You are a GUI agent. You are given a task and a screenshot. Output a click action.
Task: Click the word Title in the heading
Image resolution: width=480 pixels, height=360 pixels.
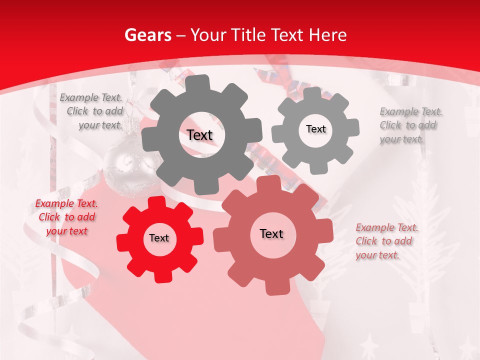click(247, 35)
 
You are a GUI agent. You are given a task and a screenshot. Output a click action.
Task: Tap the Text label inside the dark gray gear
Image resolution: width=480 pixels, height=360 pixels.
click(199, 135)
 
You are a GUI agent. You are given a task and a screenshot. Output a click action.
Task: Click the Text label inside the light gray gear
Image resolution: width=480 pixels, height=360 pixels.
click(315, 129)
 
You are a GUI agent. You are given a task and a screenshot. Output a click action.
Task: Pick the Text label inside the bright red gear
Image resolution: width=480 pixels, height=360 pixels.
click(159, 238)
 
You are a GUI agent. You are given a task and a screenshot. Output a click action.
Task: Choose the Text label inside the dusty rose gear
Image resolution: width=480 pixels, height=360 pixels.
click(271, 234)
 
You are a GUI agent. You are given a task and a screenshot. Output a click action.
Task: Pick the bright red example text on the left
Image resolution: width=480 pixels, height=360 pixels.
click(66, 217)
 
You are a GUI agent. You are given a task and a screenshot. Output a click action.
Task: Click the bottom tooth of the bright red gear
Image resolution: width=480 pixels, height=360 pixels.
click(162, 275)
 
